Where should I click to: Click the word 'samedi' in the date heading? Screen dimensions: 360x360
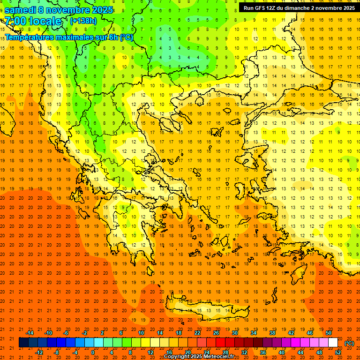tap(22, 10)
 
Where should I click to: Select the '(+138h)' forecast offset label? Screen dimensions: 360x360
tap(83, 21)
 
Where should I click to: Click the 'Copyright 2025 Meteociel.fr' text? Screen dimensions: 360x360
tap(199, 356)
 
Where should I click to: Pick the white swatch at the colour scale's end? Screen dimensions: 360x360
tap(333, 343)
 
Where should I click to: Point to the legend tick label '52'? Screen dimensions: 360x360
tap(338, 352)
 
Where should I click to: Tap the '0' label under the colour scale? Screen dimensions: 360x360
tap(93, 352)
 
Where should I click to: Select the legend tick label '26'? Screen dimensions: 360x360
tap(216, 333)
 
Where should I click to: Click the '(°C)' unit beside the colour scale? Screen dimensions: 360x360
tap(349, 343)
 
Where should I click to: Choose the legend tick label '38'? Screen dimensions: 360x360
tap(272, 333)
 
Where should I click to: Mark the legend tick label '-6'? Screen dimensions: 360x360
tap(66, 333)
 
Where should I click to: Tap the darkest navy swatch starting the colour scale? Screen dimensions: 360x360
tap(23, 343)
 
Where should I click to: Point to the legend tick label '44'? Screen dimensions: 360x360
tap(300, 352)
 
